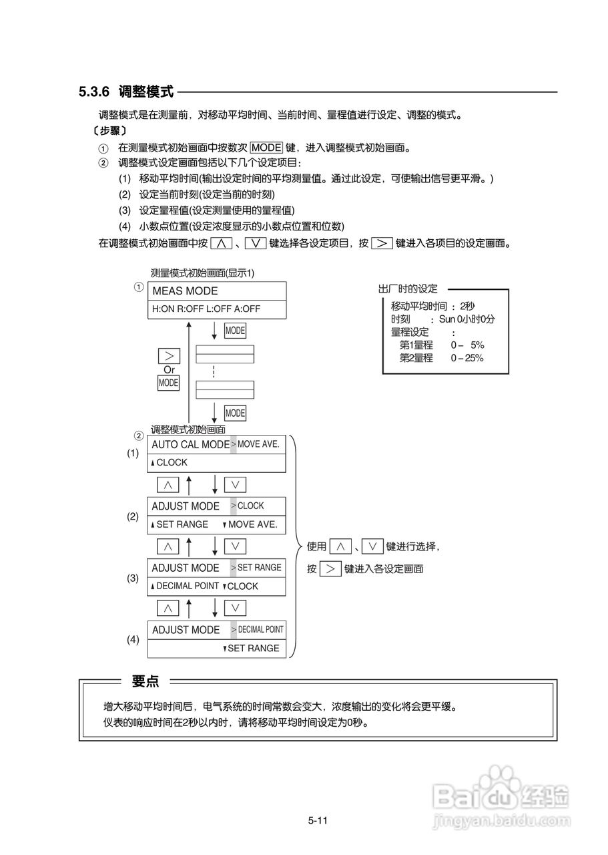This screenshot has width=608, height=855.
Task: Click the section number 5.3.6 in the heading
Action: pos(95,92)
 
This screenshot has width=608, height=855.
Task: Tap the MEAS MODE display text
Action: pos(185,291)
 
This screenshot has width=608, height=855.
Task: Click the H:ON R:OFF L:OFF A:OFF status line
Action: pos(206,309)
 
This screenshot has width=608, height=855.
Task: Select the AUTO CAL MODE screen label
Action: pos(190,444)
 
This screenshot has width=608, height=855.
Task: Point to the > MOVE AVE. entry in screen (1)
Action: pos(258,444)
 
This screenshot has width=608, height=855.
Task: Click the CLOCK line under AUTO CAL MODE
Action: pos(171,462)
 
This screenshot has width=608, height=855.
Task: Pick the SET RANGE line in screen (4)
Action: pos(253,648)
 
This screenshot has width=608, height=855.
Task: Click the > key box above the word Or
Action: pos(169,355)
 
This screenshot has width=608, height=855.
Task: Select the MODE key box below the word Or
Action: pos(168,383)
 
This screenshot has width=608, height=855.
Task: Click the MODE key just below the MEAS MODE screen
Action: pos(235,331)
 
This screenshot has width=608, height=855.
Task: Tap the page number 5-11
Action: pos(317,821)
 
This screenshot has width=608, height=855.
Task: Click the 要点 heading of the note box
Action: pos(145,681)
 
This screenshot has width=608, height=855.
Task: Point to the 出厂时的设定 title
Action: pos(408,289)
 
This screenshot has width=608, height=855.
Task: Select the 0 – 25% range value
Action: pos(467,358)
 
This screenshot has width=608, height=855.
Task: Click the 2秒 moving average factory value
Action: pos(467,306)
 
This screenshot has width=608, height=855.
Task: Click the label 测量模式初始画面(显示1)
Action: pos(202,273)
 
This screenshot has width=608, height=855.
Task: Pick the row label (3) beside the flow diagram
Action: pos(133,578)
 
